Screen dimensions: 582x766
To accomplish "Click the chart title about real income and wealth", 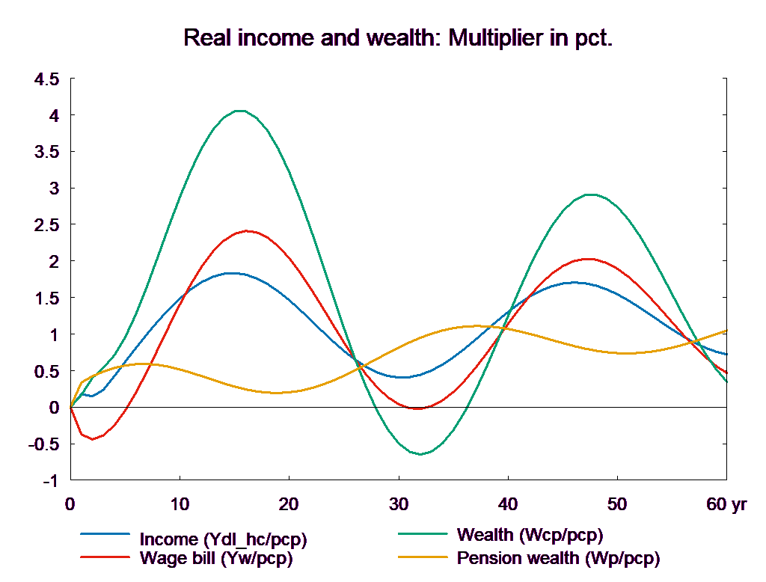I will click(x=398, y=38).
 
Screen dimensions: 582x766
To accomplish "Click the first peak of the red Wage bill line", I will click(x=247, y=231).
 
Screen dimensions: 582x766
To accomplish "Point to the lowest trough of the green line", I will click(x=421, y=454).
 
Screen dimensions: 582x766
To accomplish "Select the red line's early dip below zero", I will click(x=93, y=439).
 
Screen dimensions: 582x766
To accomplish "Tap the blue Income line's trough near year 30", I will click(x=403, y=377).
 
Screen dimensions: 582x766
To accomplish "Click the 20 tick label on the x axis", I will click(x=289, y=505).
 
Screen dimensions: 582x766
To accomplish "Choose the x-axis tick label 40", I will click(x=508, y=505).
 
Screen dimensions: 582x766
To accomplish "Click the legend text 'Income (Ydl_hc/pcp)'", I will click(x=223, y=539).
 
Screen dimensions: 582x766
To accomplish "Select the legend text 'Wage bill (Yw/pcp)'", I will click(x=216, y=558).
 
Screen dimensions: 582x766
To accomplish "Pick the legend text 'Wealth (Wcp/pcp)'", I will click(x=530, y=535).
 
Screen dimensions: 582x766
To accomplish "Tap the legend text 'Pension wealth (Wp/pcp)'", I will click(x=558, y=558).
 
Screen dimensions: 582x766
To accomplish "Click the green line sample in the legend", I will click(x=423, y=534).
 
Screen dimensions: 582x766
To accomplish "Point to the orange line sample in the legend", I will click(x=423, y=557).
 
